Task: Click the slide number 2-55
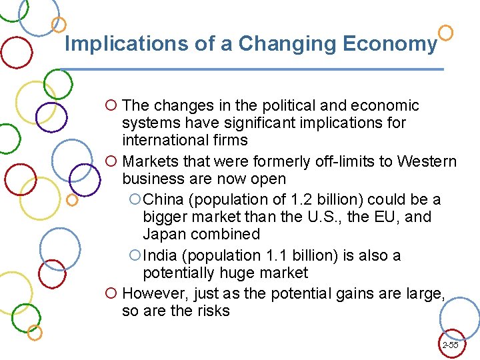(x=450, y=345)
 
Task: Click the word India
(x=161, y=255)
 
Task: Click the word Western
(x=427, y=161)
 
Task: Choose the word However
(x=152, y=293)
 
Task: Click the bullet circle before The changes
(x=111, y=105)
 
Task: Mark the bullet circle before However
(x=111, y=293)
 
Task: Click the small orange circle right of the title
(x=447, y=32)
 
